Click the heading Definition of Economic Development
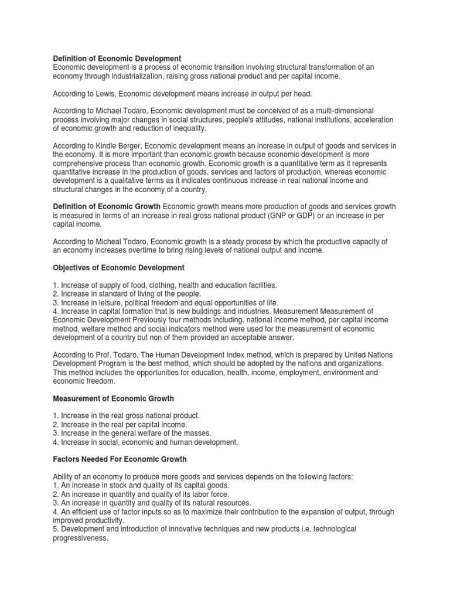117,59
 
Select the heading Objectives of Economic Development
119,268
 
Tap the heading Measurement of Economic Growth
114,398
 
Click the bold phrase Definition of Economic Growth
107,207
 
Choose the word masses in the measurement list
198,434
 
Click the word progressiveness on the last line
81,538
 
